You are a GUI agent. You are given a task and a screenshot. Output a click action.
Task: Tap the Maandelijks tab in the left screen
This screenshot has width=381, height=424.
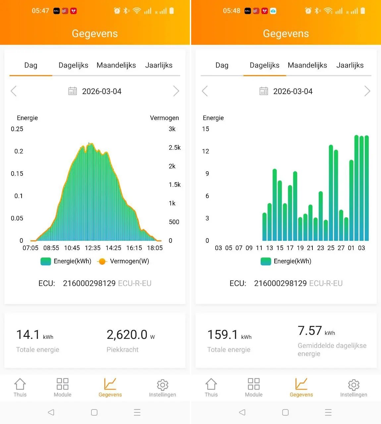116,65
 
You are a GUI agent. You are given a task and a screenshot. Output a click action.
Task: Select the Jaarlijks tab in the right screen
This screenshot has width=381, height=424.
350,65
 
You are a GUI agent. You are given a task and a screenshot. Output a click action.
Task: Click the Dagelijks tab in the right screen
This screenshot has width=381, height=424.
264,65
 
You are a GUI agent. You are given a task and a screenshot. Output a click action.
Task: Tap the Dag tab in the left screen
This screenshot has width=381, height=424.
31,65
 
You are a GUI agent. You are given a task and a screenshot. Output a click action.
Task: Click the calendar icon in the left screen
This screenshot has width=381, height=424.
72,91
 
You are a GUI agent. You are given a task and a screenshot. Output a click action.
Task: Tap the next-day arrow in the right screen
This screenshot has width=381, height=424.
367,91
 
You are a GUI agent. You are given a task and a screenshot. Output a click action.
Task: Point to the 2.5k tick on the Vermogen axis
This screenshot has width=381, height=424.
175,147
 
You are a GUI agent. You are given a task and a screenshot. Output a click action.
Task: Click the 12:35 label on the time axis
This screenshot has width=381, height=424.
92,248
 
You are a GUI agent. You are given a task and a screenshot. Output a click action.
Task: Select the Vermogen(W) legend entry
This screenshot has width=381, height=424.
123,261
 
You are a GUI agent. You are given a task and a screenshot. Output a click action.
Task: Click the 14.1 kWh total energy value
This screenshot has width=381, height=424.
28,335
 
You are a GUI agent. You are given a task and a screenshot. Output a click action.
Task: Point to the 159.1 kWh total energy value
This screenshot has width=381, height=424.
223,335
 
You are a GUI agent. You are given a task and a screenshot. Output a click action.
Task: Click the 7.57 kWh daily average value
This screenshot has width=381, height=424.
310,331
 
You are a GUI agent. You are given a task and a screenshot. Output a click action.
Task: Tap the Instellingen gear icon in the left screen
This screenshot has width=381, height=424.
162,385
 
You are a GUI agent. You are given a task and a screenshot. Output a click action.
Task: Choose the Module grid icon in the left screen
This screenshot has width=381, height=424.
62,384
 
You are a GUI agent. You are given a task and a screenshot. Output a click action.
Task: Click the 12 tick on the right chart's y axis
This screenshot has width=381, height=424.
205,151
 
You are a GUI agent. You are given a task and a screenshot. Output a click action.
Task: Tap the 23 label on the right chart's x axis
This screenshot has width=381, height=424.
320,248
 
